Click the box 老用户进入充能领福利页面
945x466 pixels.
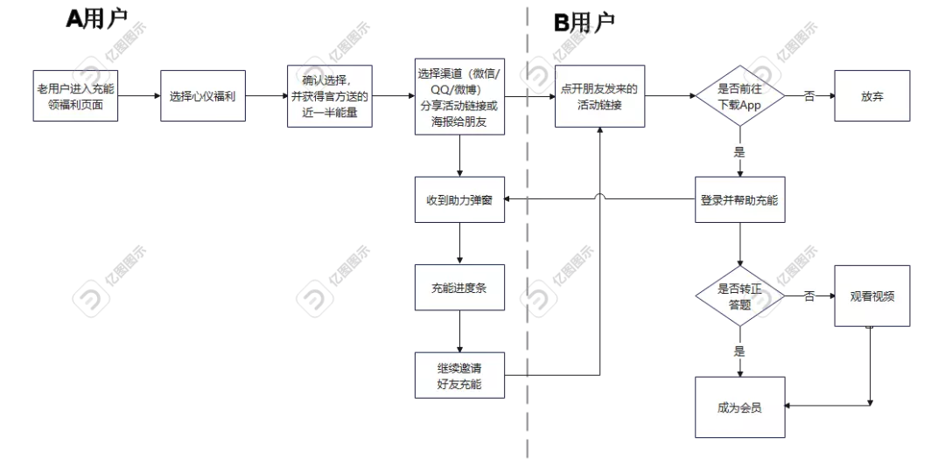tap(75, 96)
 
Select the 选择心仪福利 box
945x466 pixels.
tap(202, 96)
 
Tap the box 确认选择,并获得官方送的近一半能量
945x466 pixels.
tap(330, 96)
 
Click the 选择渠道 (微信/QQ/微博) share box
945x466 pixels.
tap(460, 96)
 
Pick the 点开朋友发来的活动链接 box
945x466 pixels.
tap(599, 96)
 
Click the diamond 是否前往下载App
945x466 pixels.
tap(739, 96)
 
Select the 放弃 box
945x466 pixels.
tap(871, 96)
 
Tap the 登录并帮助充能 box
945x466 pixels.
tap(739, 200)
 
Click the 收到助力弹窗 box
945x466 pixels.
tap(460, 200)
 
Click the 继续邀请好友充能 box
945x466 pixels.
tap(460, 375)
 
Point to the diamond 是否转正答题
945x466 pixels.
tap(739, 296)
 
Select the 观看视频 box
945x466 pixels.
tap(871, 296)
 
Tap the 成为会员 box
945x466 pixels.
tap(739, 407)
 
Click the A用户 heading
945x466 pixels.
tap(96, 19)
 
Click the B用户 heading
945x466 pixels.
tap(584, 22)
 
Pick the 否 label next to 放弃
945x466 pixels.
tap(809, 96)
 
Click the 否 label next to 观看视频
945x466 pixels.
tap(809, 296)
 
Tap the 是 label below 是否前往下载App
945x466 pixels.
tap(739, 151)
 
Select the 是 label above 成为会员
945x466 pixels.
tap(739, 351)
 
